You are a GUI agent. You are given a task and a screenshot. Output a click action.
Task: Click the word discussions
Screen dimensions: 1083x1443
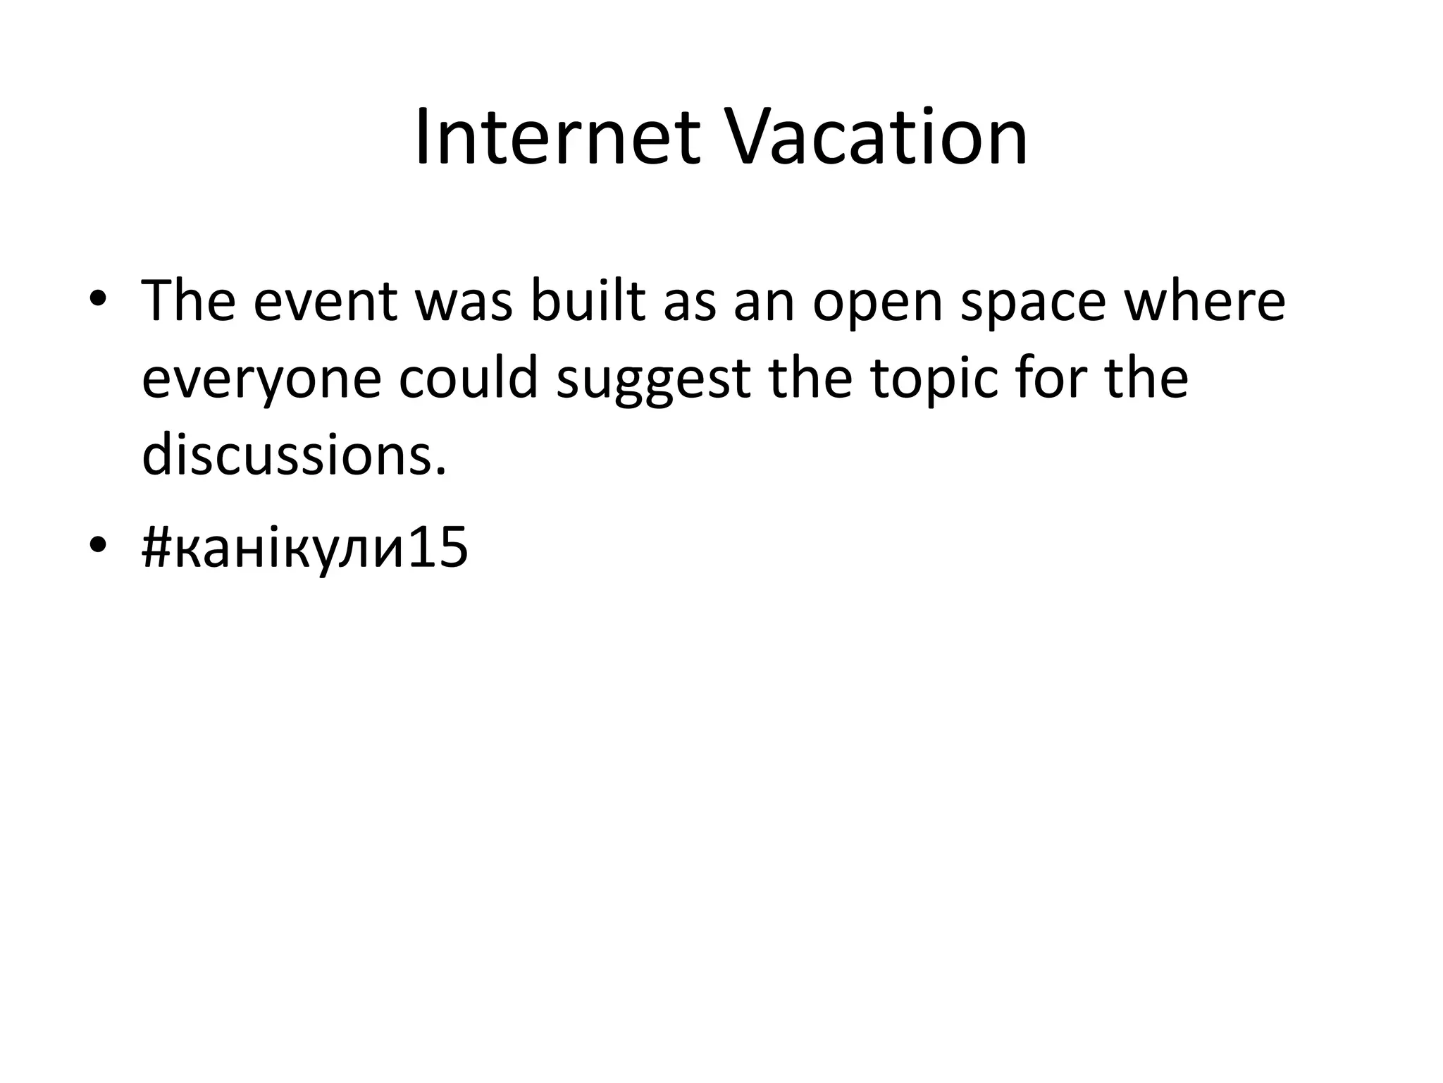click(x=288, y=455)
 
